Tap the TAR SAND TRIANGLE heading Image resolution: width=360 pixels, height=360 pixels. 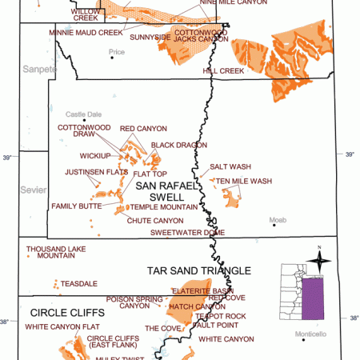click(198, 270)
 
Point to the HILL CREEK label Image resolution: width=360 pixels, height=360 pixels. click(223, 70)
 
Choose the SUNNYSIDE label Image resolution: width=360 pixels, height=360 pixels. click(150, 37)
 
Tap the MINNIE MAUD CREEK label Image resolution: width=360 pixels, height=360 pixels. click(86, 33)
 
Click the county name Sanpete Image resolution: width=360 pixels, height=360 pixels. click(40, 70)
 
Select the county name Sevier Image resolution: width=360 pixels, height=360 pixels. click(28, 190)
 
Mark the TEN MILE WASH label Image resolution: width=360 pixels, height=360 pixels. click(243, 181)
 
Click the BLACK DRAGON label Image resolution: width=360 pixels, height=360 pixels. click(174, 145)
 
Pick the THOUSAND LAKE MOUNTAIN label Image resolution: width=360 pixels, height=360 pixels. click(55, 252)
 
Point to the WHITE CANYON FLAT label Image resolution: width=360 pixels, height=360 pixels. click(62, 326)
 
